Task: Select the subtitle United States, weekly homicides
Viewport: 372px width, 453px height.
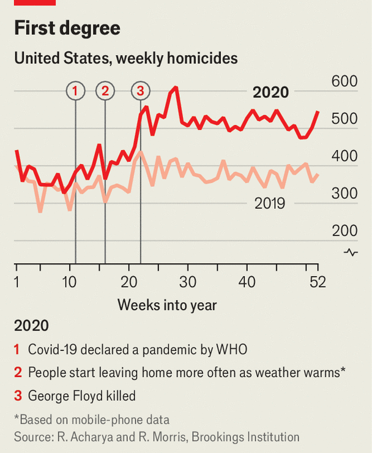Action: (x=125, y=58)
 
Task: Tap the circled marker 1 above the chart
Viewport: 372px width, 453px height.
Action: (x=75, y=91)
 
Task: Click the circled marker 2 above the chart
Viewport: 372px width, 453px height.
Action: (x=105, y=91)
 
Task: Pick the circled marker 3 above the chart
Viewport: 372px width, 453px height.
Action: (x=140, y=91)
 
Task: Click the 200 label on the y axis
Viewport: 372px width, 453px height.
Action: (x=343, y=231)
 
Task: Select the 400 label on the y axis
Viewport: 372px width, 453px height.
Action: (x=343, y=156)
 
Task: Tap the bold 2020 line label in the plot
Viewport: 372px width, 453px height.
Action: (x=270, y=92)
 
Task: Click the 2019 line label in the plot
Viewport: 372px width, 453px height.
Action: (x=270, y=203)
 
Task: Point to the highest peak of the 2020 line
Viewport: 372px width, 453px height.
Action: (x=176, y=88)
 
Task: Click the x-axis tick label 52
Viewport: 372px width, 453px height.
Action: (x=318, y=282)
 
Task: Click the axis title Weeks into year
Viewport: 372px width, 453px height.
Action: (x=167, y=304)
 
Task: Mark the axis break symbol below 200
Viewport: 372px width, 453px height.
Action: (x=351, y=252)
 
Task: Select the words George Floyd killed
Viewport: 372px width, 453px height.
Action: (x=81, y=396)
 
